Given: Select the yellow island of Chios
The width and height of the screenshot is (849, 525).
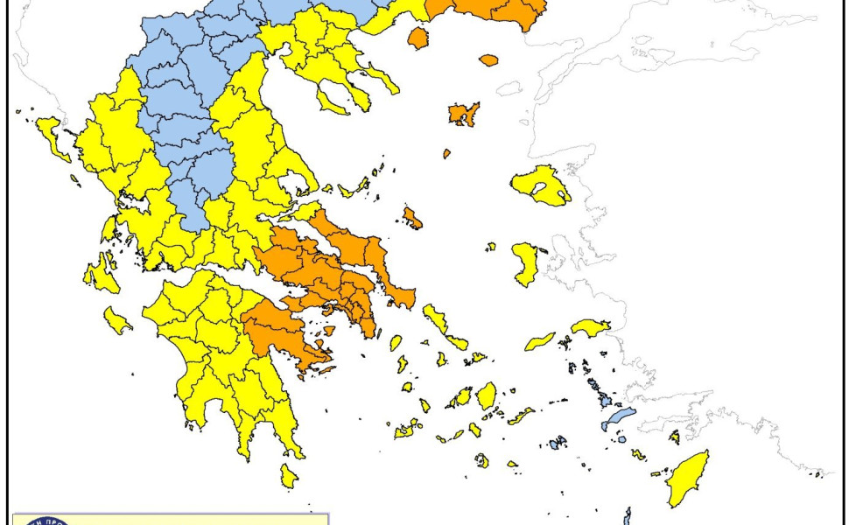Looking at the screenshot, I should [x=525, y=263].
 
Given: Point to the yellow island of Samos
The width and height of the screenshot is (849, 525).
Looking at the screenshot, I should [x=591, y=327].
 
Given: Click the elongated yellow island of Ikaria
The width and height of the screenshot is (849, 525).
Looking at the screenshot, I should [x=540, y=341].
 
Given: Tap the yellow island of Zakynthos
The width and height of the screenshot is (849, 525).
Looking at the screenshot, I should [x=117, y=320].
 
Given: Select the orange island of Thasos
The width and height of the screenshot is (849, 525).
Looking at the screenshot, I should [x=418, y=38].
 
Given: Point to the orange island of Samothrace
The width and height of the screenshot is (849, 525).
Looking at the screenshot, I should [x=488, y=60].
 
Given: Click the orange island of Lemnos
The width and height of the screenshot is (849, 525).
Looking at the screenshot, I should [x=463, y=114].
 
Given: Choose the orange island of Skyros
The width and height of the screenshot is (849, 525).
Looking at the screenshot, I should [x=412, y=218].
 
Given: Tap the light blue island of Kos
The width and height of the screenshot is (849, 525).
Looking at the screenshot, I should [x=618, y=418].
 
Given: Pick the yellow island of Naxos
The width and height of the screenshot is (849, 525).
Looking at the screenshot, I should [x=486, y=395].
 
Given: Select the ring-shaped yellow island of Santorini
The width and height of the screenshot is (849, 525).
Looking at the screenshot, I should [x=481, y=459].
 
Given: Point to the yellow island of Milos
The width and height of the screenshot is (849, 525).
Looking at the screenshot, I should [x=407, y=430].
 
